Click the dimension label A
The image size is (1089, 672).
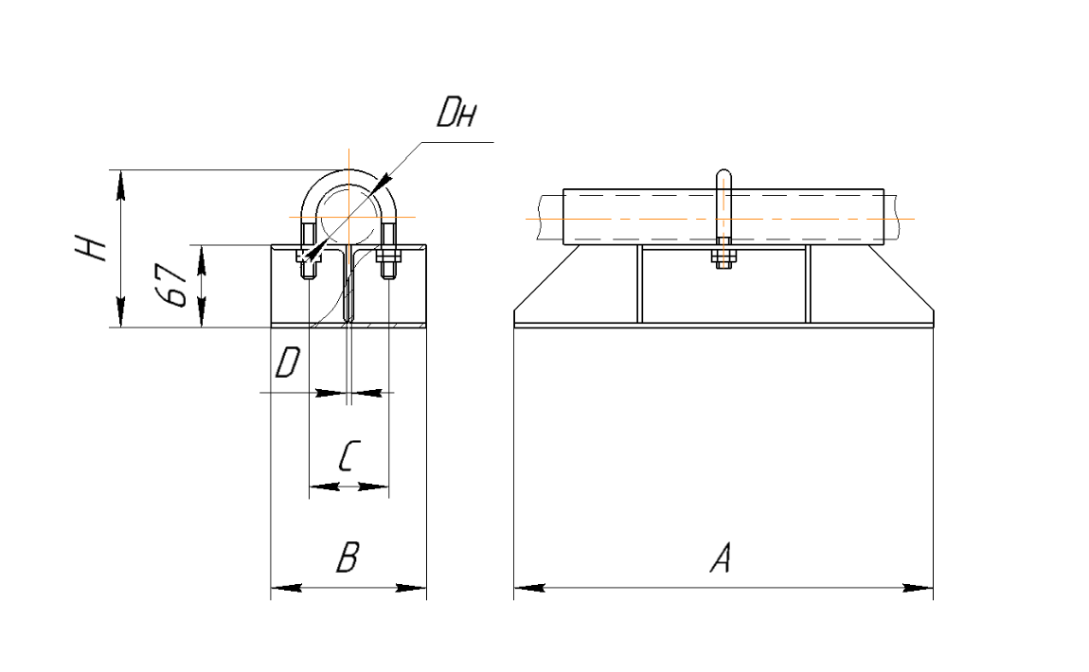coord(721,560)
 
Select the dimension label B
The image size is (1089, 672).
coord(347,558)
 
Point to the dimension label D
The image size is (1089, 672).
coord(287,363)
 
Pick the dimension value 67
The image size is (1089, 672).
coord(172,285)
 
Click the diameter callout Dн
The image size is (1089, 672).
coord(456,115)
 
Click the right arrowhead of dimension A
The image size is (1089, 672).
coord(919,588)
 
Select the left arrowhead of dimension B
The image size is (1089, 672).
coord(285,589)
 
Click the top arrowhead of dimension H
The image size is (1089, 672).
coord(120,184)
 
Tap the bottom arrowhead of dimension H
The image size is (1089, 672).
coord(120,313)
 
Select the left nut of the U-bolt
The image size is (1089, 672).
coord(309,255)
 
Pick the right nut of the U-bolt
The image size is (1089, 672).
coord(388,255)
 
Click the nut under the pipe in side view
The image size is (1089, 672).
coord(723,256)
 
